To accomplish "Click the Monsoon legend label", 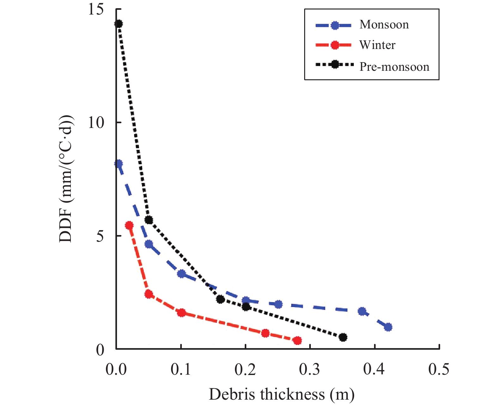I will coord(384,25).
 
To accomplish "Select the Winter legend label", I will coord(377,45).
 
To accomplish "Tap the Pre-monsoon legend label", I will coord(394,67).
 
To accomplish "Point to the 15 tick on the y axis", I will coord(96,9).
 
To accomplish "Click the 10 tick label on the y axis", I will coord(96,123).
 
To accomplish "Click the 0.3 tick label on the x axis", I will coord(310,369).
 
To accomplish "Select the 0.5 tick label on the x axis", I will coord(439,369).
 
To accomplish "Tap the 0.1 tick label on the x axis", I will coord(181,369).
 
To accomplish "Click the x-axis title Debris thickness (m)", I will coord(281,395).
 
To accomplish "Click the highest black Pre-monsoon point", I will coord(119,24).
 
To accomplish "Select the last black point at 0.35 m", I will coord(343,337).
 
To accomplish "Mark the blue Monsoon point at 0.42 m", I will coord(388,327).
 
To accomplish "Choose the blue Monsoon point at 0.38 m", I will coord(362,311).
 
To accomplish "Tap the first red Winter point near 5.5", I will coord(129,225).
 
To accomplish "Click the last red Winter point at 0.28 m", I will coord(297,341).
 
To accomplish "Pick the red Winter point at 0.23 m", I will coord(265,333).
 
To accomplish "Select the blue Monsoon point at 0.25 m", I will coord(278,304).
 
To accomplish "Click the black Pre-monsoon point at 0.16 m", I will coord(220,299).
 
